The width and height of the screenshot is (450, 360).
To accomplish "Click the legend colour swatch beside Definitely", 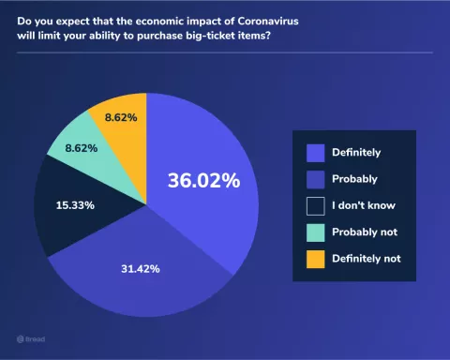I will click(x=315, y=151).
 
